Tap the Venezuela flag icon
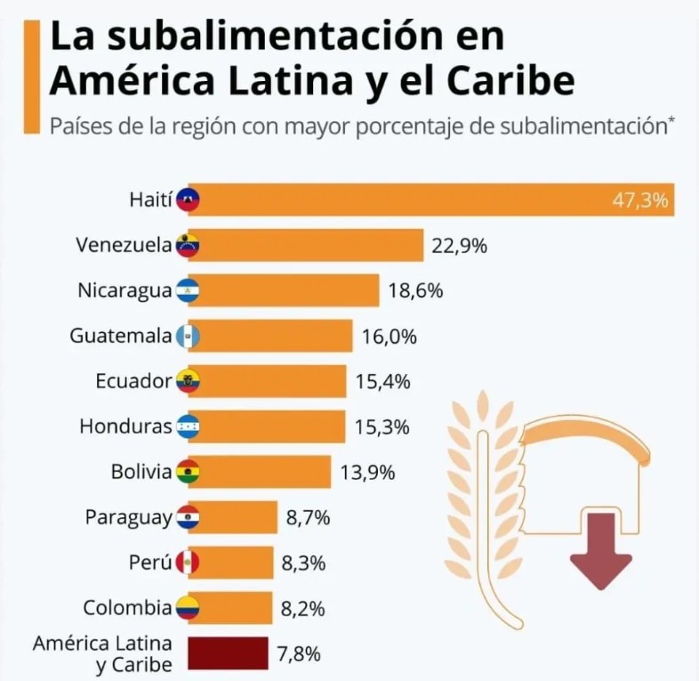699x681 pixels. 188,245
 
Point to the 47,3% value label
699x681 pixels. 640,199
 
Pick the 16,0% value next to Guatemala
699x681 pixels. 390,336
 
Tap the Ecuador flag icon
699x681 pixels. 188,382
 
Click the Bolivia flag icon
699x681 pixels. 188,473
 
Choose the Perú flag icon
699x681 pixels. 188,563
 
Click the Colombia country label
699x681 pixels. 127,608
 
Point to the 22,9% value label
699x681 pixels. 459,246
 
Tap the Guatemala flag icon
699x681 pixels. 188,336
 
